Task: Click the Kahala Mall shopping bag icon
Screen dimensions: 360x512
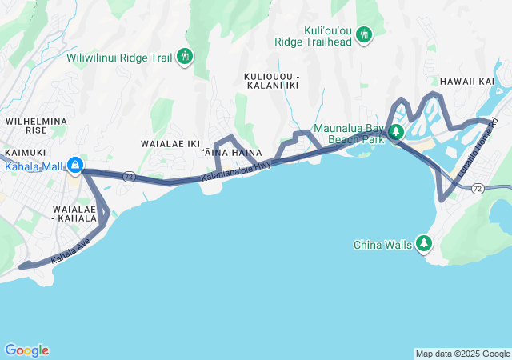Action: click(x=74, y=166)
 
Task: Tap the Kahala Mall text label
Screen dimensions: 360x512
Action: click(x=33, y=166)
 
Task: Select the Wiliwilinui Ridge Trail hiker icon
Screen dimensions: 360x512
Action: click(x=186, y=56)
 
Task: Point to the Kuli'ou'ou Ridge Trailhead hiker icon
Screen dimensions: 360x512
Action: click(x=364, y=34)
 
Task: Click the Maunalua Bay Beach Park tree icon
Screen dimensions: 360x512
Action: click(x=395, y=133)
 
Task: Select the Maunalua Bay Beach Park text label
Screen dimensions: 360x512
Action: click(x=348, y=133)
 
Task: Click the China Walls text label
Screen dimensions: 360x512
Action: click(x=384, y=245)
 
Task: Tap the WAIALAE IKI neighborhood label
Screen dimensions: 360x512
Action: click(x=170, y=144)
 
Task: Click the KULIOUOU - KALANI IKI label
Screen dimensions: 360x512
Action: click(x=271, y=80)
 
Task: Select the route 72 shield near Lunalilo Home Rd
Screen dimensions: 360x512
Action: click(x=478, y=188)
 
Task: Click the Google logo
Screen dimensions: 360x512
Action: click(x=26, y=350)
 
